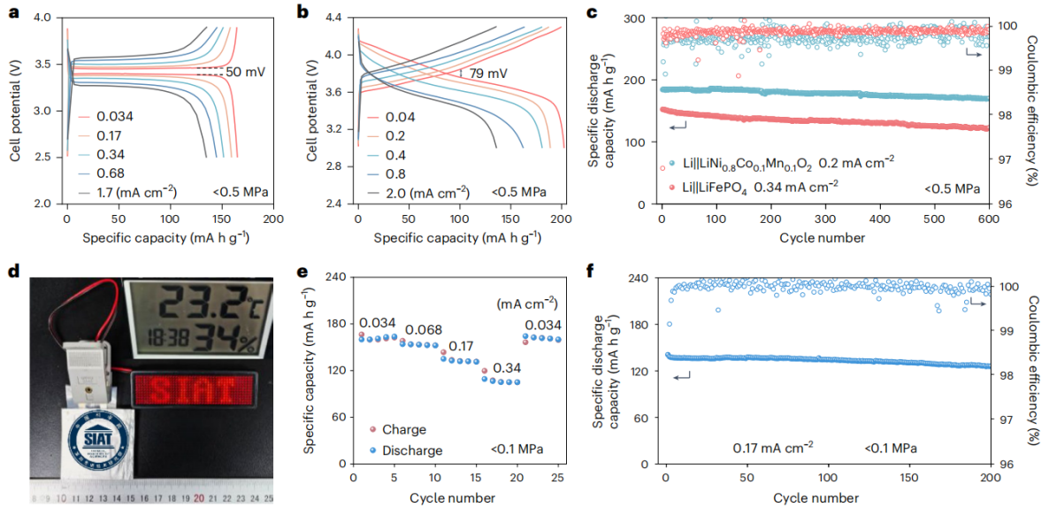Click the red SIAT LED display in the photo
click(196, 388)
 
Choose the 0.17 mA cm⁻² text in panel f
click(773, 448)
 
